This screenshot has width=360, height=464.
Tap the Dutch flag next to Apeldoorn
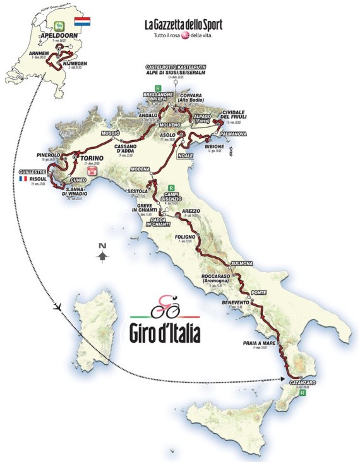point(84,23)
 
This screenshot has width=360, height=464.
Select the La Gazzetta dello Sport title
point(184,25)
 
